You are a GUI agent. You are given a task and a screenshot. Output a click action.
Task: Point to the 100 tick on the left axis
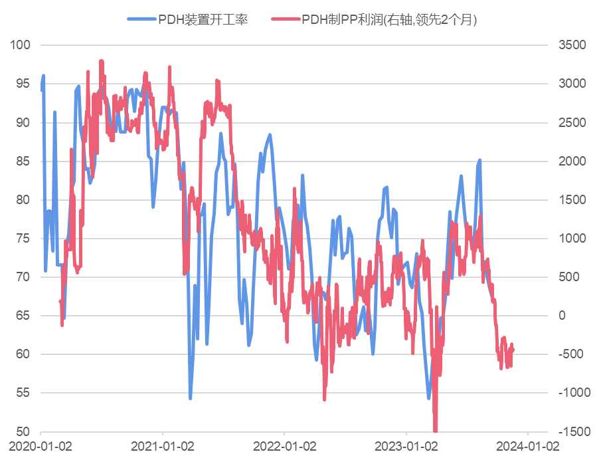[21, 45]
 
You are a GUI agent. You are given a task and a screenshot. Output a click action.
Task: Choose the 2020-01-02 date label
[41, 446]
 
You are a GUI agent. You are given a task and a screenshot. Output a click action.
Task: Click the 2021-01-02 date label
[162, 446]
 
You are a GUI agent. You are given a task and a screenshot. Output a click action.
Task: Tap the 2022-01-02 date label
[284, 446]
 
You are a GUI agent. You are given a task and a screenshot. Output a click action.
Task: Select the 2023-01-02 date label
[406, 446]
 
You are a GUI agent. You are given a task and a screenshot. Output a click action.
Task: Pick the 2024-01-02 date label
[528, 446]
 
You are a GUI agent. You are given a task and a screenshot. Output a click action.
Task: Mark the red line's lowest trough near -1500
[436, 430]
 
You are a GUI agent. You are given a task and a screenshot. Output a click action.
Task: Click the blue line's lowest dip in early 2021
[190, 398]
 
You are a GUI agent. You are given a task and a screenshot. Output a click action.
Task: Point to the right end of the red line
[513, 349]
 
